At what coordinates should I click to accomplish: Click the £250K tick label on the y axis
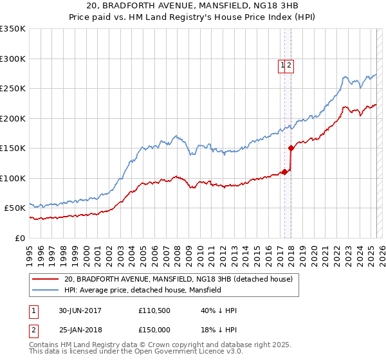coord(13,89)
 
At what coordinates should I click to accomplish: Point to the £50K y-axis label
coord(15,208)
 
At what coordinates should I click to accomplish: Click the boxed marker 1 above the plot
coord(282,65)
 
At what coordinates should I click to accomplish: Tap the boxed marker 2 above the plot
coord(289,65)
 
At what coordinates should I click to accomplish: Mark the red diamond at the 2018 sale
coord(291,148)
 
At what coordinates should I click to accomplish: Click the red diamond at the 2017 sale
coord(284,172)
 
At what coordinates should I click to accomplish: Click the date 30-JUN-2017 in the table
coord(80,310)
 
